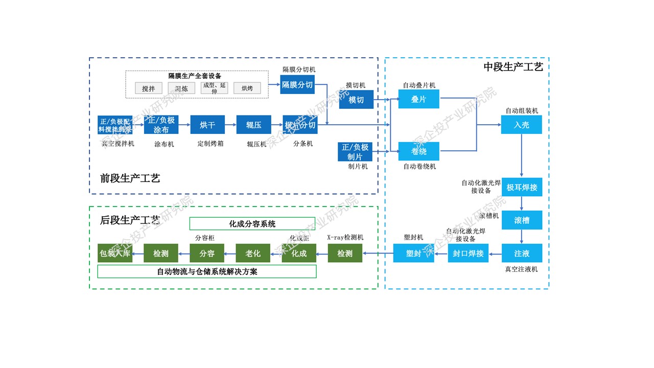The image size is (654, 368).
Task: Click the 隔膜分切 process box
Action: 297,85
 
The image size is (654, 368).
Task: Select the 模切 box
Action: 356,100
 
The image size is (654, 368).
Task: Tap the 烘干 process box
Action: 207,125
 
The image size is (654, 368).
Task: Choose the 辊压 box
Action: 253,125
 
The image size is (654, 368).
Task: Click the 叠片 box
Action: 418,99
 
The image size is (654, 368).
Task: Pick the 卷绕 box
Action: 418,151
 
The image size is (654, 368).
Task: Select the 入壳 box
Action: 521,125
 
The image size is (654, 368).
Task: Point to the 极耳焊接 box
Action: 521,187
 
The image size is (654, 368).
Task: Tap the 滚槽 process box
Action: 521,220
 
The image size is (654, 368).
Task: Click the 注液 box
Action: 521,253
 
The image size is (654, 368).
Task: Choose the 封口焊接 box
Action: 469,253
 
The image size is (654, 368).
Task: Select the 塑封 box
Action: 413,253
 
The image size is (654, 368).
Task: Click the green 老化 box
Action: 253,253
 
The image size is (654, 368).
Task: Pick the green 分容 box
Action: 207,253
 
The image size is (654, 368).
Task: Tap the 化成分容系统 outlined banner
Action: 252,224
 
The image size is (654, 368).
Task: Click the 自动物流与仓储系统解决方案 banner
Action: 207,271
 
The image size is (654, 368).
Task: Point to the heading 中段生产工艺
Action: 513,66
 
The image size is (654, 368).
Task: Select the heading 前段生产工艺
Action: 130,178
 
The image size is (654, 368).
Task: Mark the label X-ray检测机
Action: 345,238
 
